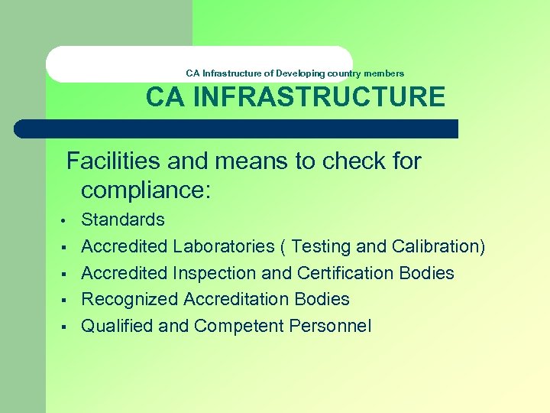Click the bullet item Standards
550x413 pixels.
point(123,220)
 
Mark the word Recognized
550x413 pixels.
point(125,299)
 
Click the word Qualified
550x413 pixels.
point(117,326)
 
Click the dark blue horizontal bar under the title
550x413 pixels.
point(237,128)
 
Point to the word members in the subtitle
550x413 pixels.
point(385,73)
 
